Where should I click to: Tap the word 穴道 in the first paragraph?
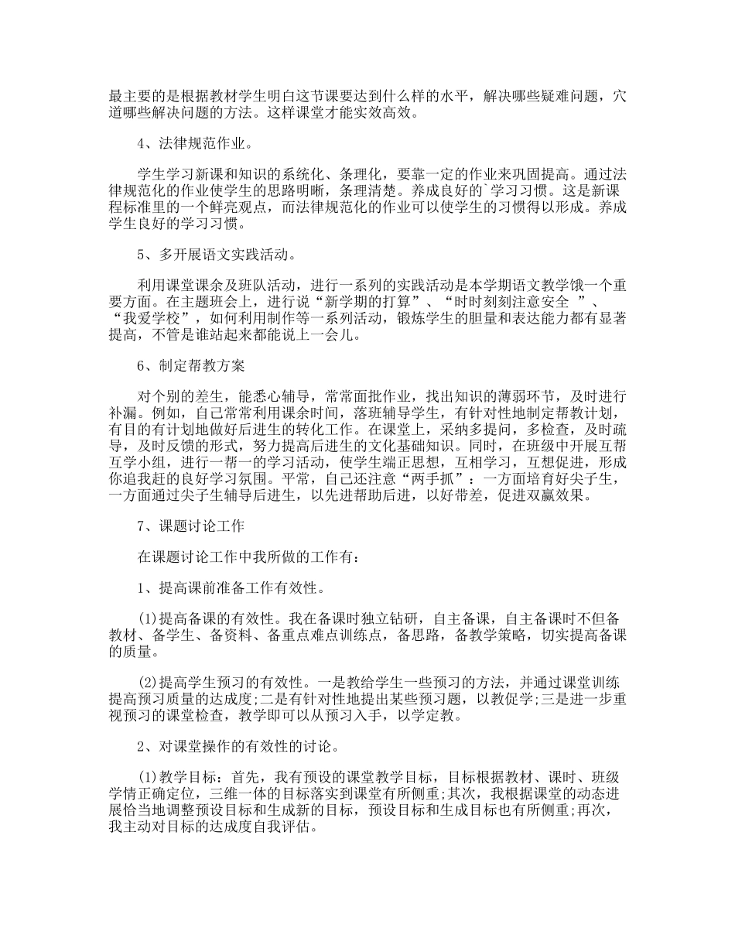click(620, 98)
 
